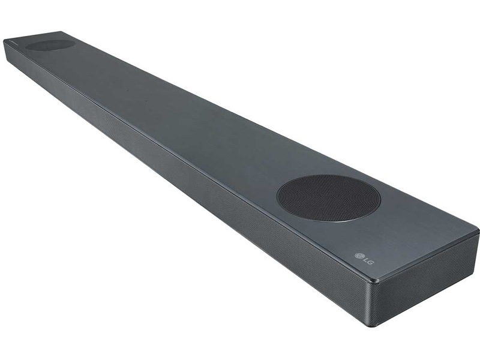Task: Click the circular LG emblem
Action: (358, 256)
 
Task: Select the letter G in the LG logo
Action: (370, 262)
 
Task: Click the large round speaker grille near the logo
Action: (328, 199)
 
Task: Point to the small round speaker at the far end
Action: (50, 45)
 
